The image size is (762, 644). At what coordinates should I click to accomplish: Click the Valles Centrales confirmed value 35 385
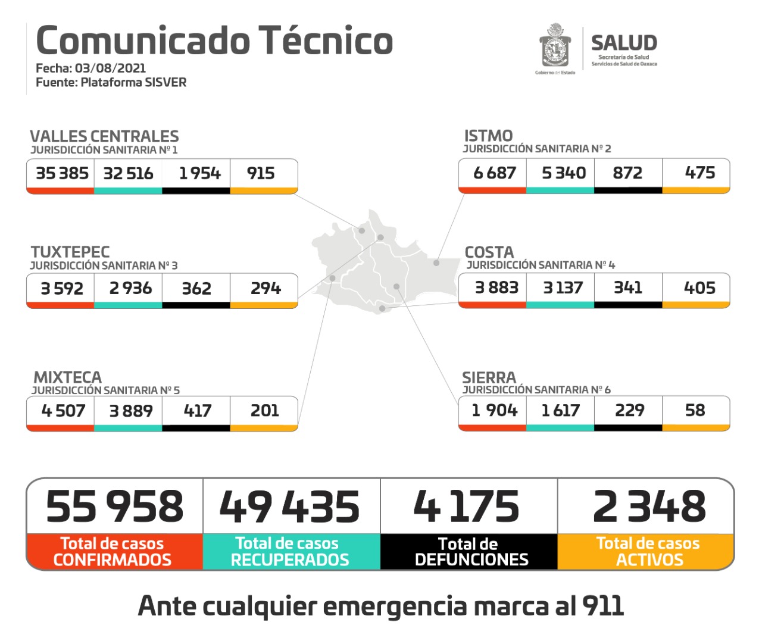[62, 173]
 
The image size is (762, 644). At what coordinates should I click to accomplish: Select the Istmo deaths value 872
[627, 173]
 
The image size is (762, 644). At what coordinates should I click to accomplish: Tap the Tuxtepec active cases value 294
[266, 288]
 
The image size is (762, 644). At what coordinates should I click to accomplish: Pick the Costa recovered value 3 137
[563, 288]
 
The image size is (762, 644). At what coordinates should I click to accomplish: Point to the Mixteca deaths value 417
[197, 411]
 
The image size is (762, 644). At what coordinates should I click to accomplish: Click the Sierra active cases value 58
[695, 410]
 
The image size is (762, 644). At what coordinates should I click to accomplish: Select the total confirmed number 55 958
[115, 507]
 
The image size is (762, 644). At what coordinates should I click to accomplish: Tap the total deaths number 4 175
[466, 507]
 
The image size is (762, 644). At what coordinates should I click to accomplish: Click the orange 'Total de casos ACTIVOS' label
[648, 552]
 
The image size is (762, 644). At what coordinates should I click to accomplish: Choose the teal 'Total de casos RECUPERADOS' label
[289, 552]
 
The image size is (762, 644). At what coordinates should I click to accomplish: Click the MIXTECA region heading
[68, 377]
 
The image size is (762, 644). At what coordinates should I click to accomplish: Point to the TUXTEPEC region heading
[70, 252]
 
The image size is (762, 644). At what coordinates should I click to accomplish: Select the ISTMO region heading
[488, 136]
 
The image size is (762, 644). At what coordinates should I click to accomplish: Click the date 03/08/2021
[110, 68]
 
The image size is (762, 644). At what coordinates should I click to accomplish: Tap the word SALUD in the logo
[624, 43]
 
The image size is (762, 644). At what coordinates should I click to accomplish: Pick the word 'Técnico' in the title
[326, 40]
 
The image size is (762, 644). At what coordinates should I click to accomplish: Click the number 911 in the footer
[603, 606]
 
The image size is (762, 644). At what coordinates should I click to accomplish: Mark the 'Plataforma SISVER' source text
[133, 82]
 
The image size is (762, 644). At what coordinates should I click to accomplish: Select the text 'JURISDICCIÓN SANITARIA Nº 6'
[536, 390]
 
